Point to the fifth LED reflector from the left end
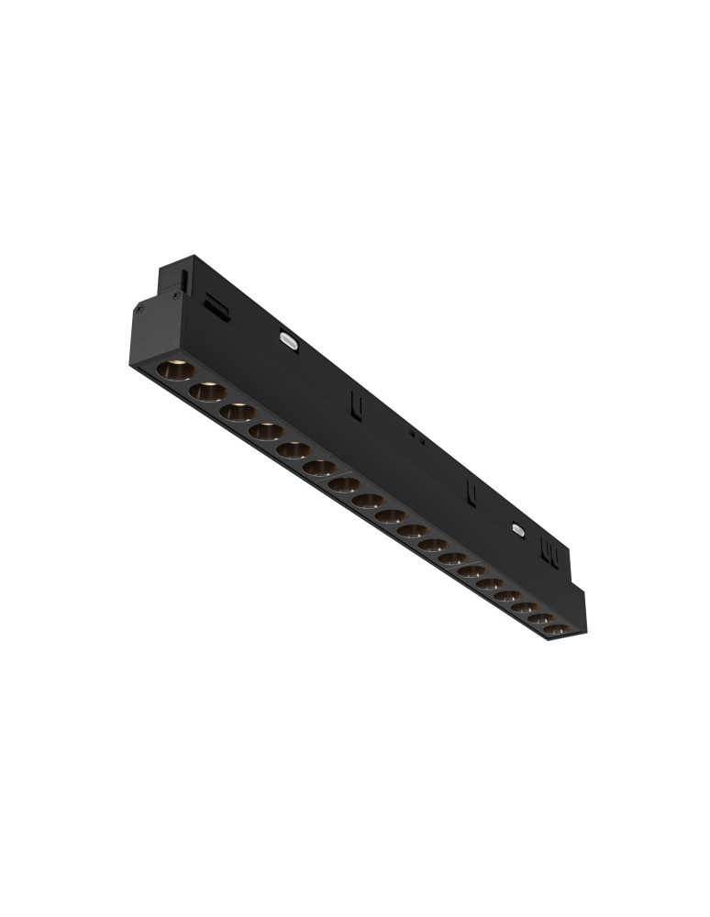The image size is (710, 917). point(293,449)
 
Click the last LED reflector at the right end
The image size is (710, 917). point(557,631)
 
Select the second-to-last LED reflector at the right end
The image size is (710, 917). point(540,620)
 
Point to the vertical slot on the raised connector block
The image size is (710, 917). point(186,276)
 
